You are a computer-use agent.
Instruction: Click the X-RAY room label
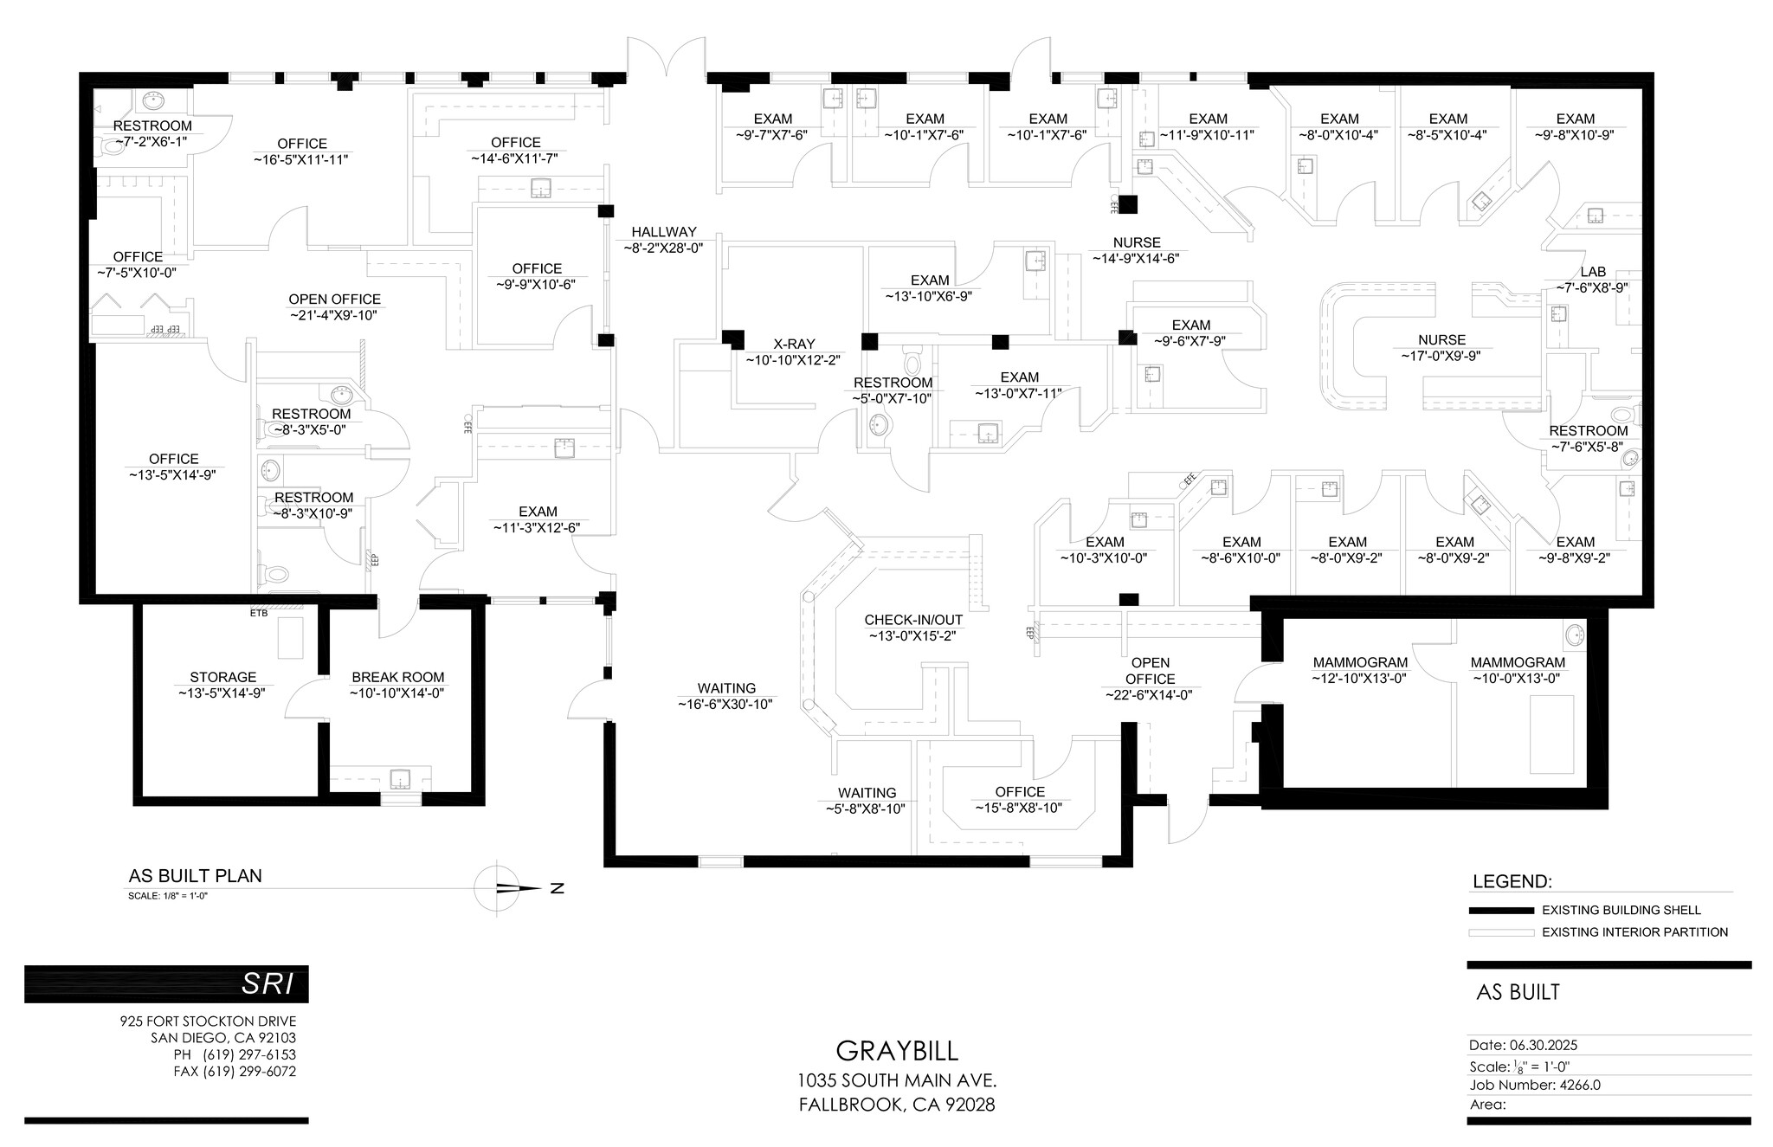point(793,344)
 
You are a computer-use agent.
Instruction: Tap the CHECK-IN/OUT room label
point(912,620)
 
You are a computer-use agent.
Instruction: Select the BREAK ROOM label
point(397,677)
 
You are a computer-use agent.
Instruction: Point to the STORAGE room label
point(223,677)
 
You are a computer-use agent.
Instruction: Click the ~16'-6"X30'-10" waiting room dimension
point(725,705)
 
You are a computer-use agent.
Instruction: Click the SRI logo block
point(166,983)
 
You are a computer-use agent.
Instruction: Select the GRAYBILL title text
point(897,1051)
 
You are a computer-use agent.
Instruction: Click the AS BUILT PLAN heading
point(195,875)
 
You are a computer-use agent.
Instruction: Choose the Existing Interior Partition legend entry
point(1634,932)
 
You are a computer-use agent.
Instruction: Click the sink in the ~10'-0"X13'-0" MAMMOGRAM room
point(1575,636)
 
